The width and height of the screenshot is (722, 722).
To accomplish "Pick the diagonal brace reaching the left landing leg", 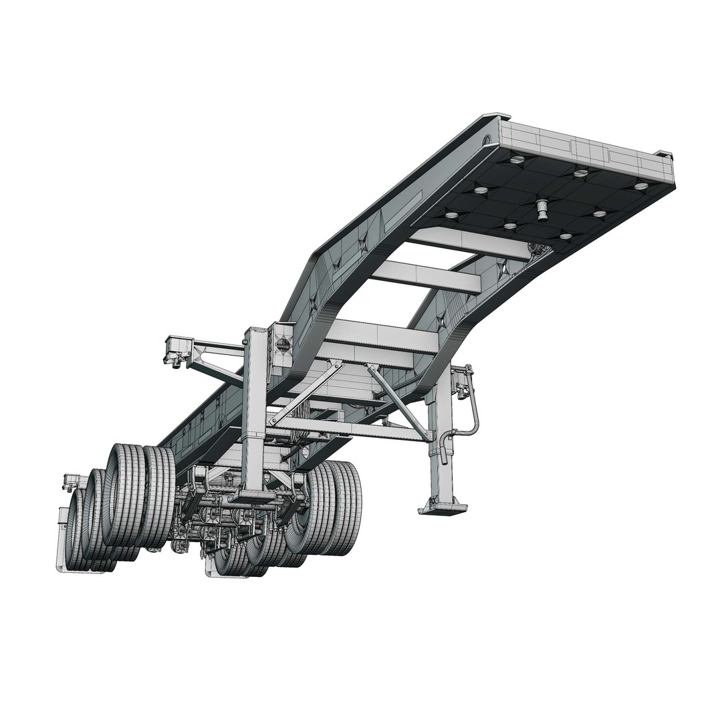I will click(308, 394).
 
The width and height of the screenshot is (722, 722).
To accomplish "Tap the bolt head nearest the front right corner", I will click(640, 186).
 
